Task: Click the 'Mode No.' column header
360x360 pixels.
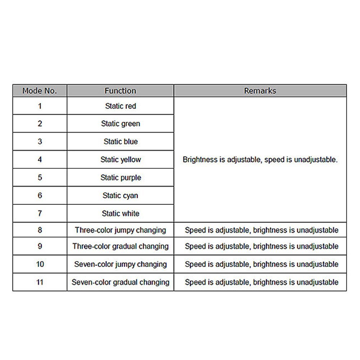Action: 40,91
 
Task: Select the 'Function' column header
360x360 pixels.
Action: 120,91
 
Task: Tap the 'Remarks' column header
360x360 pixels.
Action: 260,91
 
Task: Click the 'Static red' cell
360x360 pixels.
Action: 120,106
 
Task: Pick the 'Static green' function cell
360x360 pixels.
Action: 120,124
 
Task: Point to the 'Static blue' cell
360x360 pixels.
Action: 120,142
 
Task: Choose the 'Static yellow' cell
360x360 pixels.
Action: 120,160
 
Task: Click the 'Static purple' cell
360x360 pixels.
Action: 120,178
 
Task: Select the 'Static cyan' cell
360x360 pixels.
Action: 120,196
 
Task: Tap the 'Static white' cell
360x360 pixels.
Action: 120,214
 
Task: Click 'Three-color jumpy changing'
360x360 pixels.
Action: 120,230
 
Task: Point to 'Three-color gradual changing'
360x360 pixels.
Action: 120,246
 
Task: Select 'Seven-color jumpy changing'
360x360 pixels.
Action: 120,264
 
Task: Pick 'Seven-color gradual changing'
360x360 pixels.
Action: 120,282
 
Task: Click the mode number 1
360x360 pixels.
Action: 40,106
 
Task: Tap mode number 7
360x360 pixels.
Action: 40,214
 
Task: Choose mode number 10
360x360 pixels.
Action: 40,264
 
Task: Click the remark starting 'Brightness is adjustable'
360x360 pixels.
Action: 260,160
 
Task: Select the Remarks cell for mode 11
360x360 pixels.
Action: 261,282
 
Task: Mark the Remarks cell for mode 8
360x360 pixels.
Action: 261,230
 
